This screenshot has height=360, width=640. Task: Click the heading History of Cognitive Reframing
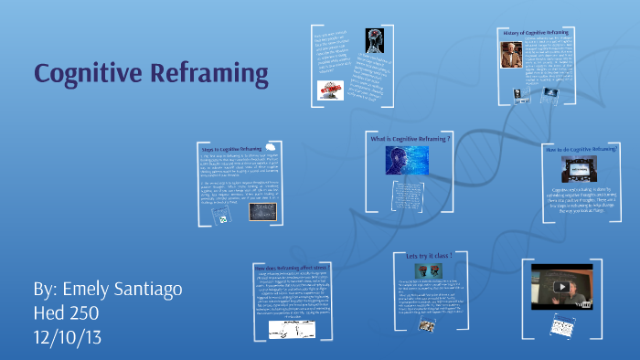tap(540, 33)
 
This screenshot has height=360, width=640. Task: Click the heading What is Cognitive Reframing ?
tap(411, 138)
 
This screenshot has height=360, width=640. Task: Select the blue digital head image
tap(400, 160)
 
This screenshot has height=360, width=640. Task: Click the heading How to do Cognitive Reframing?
tap(581, 148)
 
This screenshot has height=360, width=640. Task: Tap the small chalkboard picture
tap(272, 211)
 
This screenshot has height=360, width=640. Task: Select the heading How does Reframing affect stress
tap(292, 268)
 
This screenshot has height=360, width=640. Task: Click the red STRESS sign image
tap(330, 90)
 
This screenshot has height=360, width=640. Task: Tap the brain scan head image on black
tap(373, 41)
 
